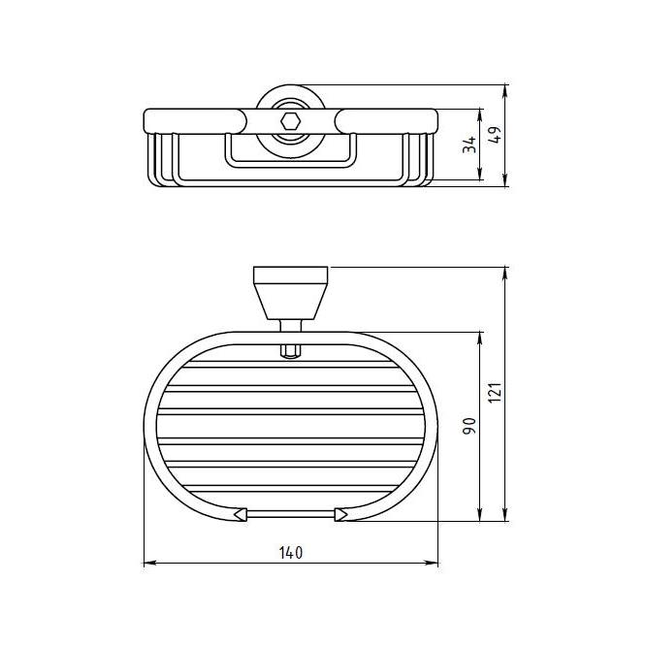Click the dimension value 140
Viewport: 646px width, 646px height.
(291, 553)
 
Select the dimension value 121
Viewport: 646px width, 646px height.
(495, 393)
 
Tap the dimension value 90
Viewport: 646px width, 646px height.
(469, 426)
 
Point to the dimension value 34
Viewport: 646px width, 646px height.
(469, 145)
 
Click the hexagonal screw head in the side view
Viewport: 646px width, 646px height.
(290, 122)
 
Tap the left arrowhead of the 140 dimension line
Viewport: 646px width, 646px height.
(149, 563)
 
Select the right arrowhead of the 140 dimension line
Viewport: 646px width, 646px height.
(432, 563)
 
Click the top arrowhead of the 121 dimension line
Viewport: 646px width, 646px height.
(505, 274)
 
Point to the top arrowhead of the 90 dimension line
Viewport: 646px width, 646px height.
(479, 339)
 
